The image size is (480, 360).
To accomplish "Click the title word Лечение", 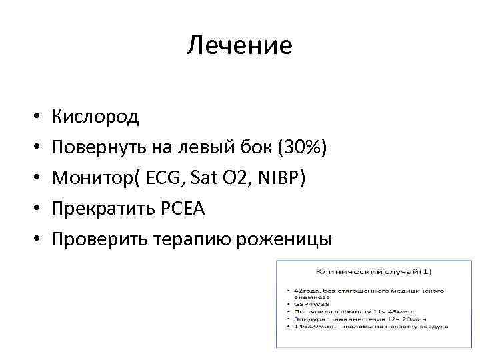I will click(x=239, y=45).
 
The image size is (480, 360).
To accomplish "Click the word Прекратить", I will click(x=107, y=209).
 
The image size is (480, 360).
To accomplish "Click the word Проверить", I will click(x=102, y=239).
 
